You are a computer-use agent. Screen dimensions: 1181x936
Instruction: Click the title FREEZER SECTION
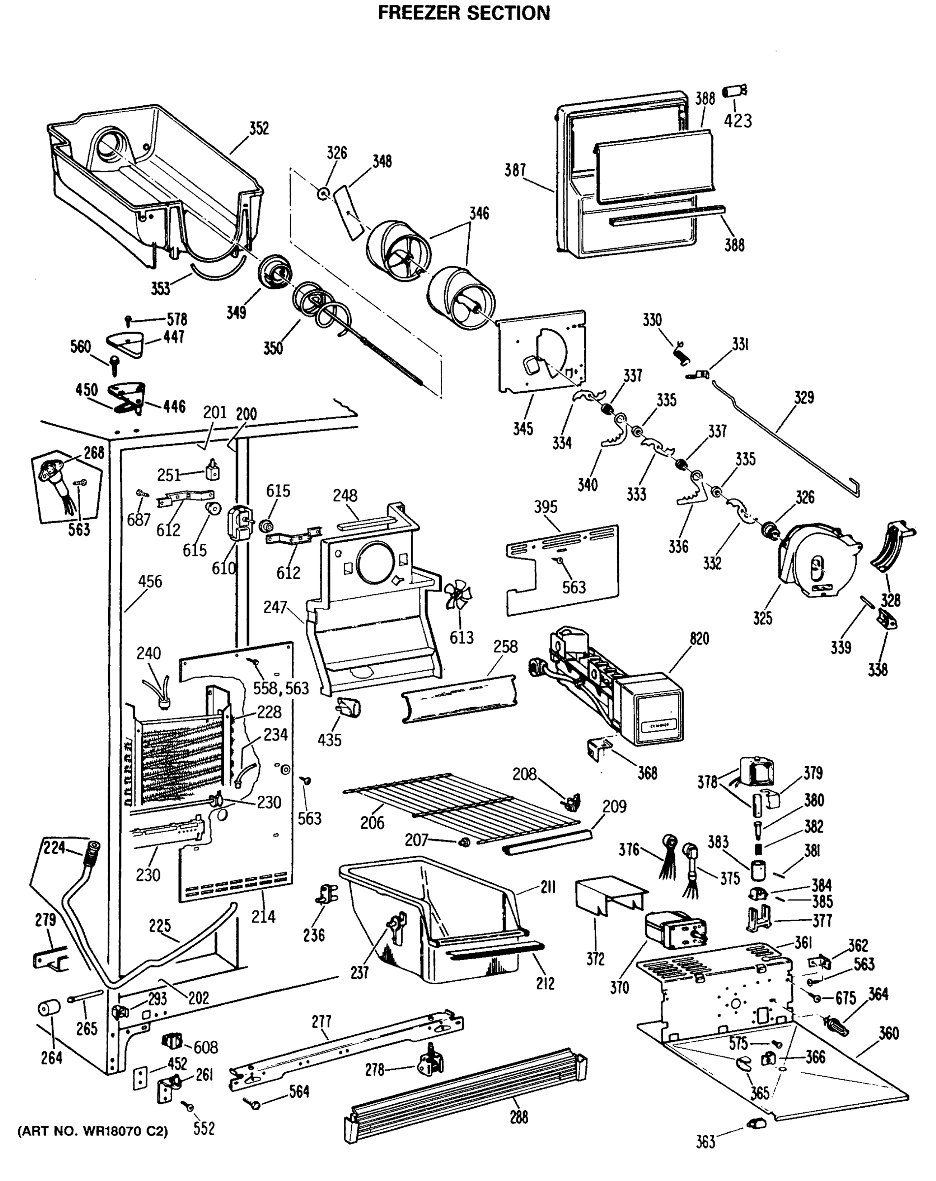pos(464,13)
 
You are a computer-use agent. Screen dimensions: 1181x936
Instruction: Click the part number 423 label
pos(737,121)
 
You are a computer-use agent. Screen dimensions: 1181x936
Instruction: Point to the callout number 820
pos(699,639)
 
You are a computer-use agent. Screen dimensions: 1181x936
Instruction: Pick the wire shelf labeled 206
pos(460,805)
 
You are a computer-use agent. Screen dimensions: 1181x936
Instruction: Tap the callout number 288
pos(518,1118)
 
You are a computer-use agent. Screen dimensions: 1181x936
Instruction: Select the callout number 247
pos(275,607)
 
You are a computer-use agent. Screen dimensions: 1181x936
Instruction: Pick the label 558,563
pos(280,688)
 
